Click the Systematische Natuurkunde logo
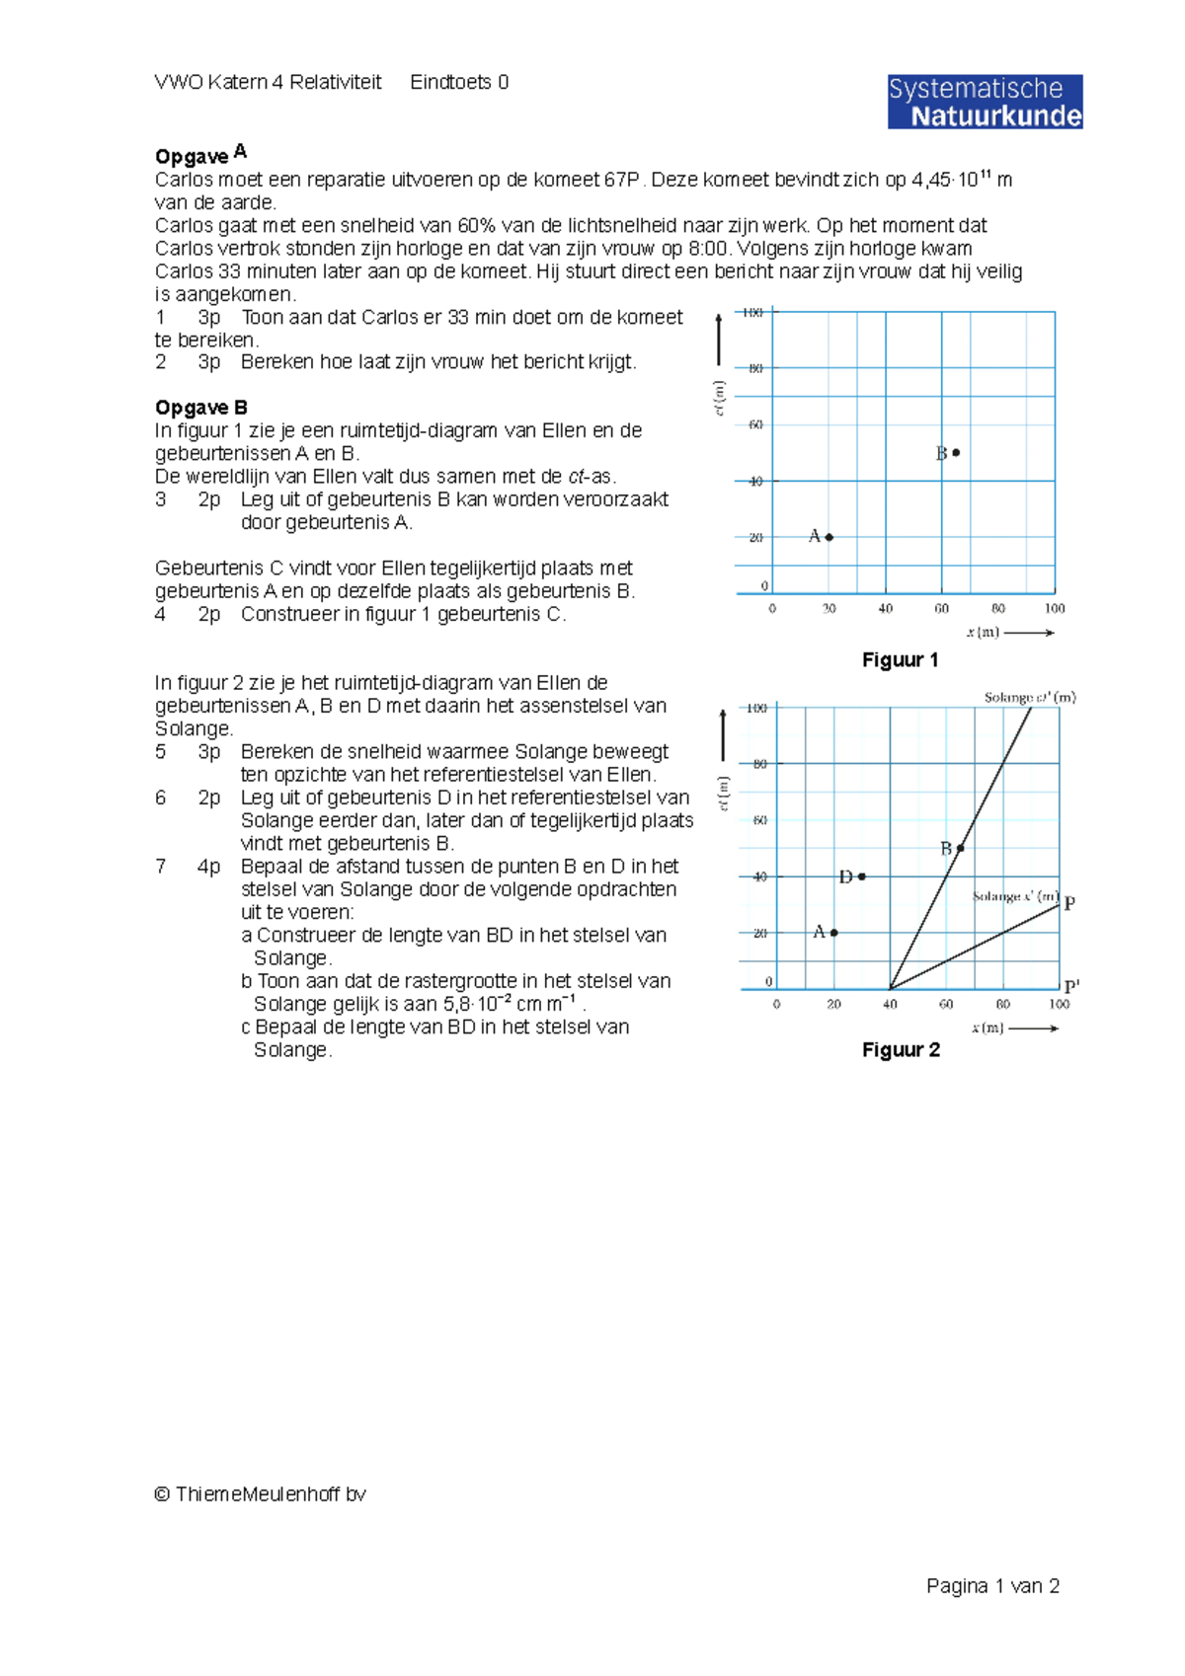pos(985,102)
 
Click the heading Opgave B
pos(200,408)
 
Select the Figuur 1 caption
pos(900,659)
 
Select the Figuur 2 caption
pos(901,1049)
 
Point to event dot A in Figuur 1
pos(829,537)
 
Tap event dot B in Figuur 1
pos(956,453)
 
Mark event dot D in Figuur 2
pos(862,876)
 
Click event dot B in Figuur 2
pos(960,848)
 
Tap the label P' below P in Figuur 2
pos(1071,986)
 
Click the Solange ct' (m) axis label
pos(1029,697)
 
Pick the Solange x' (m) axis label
pos(1015,896)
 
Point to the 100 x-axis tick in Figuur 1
pos(1055,608)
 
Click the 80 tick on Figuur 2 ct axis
pos(759,764)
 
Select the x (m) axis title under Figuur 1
pos(984,632)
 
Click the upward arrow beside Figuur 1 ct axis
pos(719,340)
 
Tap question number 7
pos(160,867)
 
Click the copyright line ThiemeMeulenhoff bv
pos(260,1494)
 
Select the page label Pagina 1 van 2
pos(992,1586)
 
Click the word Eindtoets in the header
pos(450,83)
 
